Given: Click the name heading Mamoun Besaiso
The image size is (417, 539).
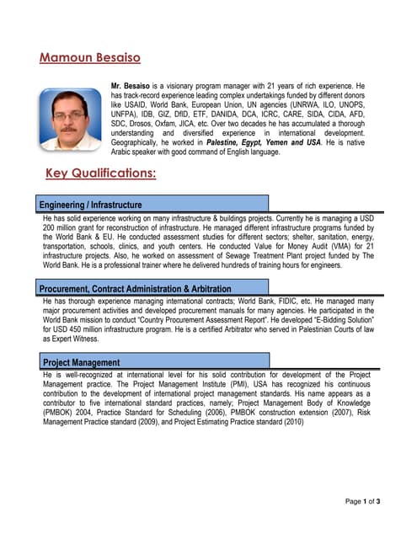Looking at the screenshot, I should point(90,57).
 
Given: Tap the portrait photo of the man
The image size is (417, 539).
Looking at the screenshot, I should point(69,119).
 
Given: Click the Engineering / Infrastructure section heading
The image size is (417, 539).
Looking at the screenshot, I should point(91,205).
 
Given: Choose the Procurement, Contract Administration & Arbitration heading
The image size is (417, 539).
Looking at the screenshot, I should point(135,289).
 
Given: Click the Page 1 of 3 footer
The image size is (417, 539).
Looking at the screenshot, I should point(363,501).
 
